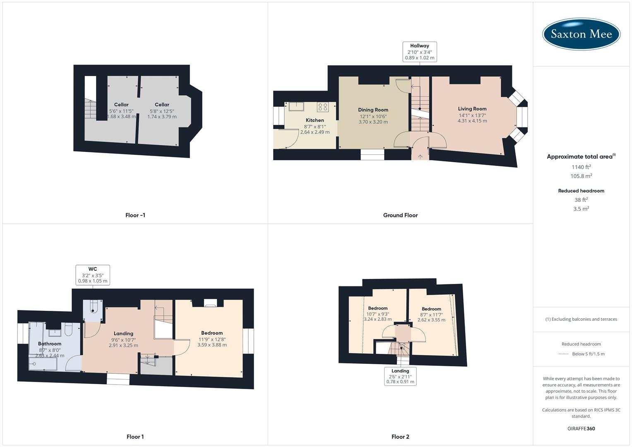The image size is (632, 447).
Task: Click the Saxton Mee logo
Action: [581, 34]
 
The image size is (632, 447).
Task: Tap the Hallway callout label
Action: [420, 52]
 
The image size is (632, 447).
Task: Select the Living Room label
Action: [472, 109]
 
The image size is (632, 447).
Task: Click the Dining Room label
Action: [373, 110]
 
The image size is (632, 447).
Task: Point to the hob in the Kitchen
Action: [322, 107]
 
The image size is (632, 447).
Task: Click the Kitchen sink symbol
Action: [296, 106]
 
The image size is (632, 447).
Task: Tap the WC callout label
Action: [93, 275]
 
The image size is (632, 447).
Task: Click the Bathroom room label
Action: [50, 344]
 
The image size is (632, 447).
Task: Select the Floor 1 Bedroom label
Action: [212, 333]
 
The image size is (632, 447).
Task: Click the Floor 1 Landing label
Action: [123, 334]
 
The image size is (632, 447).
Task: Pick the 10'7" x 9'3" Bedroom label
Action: [378, 308]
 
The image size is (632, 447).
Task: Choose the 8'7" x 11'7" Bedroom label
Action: [431, 309]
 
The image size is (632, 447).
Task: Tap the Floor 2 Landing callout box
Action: [400, 376]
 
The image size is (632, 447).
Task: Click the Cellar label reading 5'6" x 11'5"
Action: [121, 105]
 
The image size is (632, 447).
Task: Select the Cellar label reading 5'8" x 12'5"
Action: [162, 105]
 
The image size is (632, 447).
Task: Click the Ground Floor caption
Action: [400, 215]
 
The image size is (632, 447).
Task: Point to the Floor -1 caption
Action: [135, 215]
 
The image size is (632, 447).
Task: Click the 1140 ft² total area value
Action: [581, 167]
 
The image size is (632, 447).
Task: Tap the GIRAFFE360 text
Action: [581, 429]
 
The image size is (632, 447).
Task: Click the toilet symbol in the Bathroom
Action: [68, 330]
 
